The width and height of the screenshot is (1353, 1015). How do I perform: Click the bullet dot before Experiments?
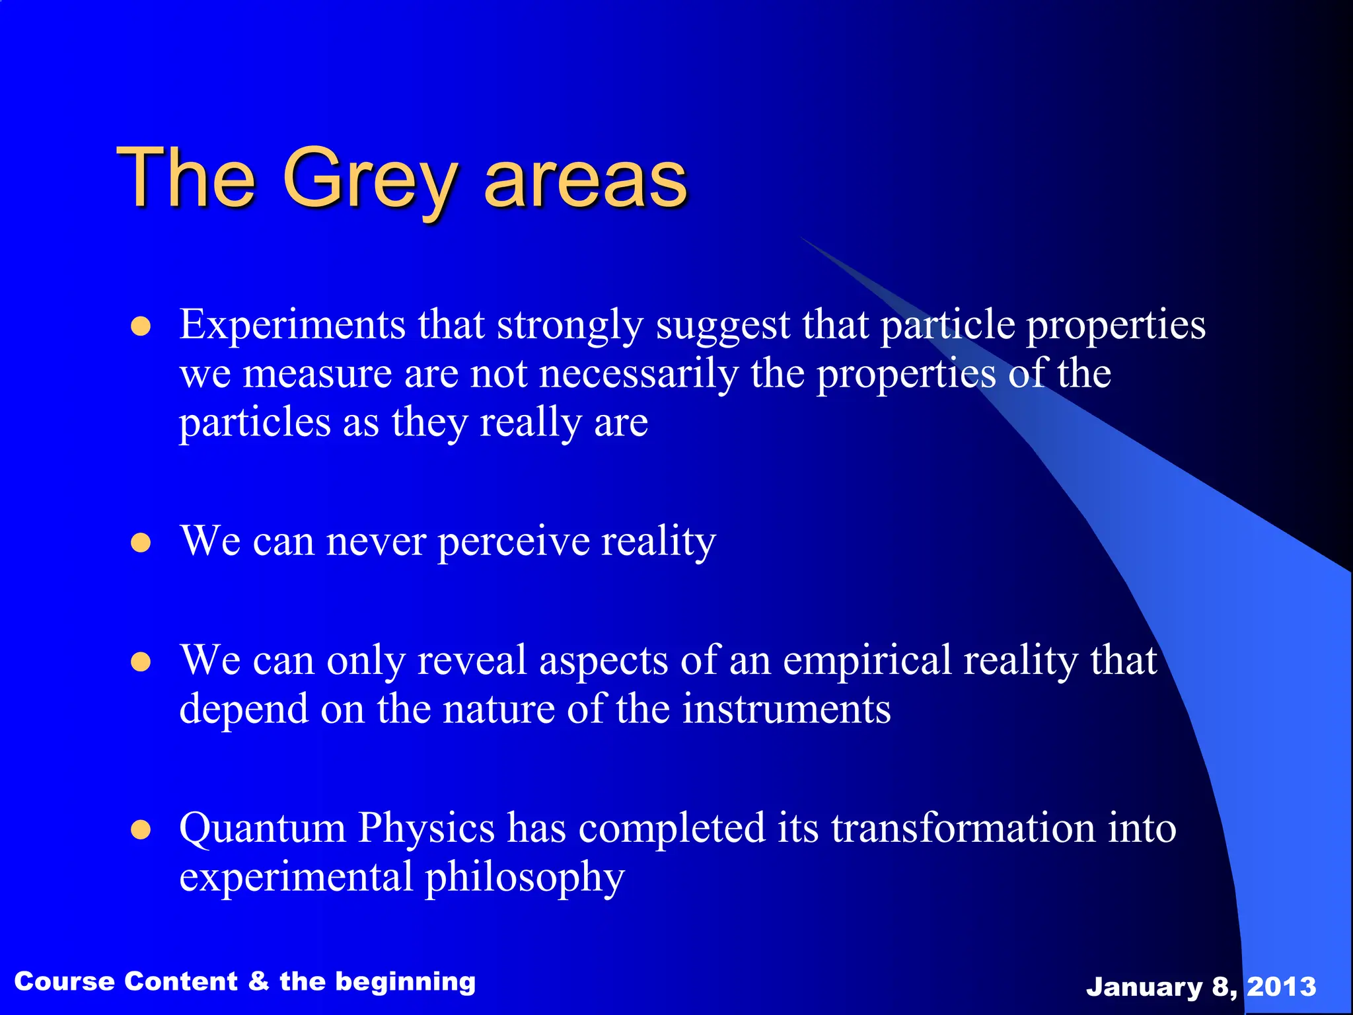coord(141,326)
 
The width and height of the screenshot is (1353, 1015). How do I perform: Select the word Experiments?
coord(292,325)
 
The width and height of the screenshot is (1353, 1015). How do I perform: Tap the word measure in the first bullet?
coord(317,375)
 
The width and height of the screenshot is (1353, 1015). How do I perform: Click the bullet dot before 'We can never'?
coord(141,543)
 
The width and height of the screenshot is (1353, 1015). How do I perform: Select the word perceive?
coord(513,543)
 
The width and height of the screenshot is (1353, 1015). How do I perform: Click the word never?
coord(376,543)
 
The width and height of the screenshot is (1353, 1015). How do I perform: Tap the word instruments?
coord(786,709)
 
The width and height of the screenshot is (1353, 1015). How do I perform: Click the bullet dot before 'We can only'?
coord(141,661)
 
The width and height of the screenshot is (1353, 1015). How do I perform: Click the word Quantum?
coord(262,829)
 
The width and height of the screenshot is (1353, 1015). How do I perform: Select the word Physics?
coord(426,829)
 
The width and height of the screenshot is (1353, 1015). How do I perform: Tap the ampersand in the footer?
coord(258,981)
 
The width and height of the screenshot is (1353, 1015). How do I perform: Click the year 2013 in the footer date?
coord(1281,987)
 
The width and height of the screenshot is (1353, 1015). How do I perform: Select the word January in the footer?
coord(1144,987)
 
